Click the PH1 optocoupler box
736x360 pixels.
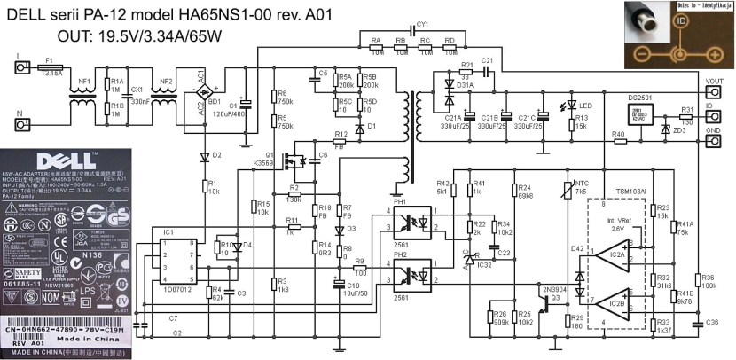click(418, 223)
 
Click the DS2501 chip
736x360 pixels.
click(640, 116)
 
